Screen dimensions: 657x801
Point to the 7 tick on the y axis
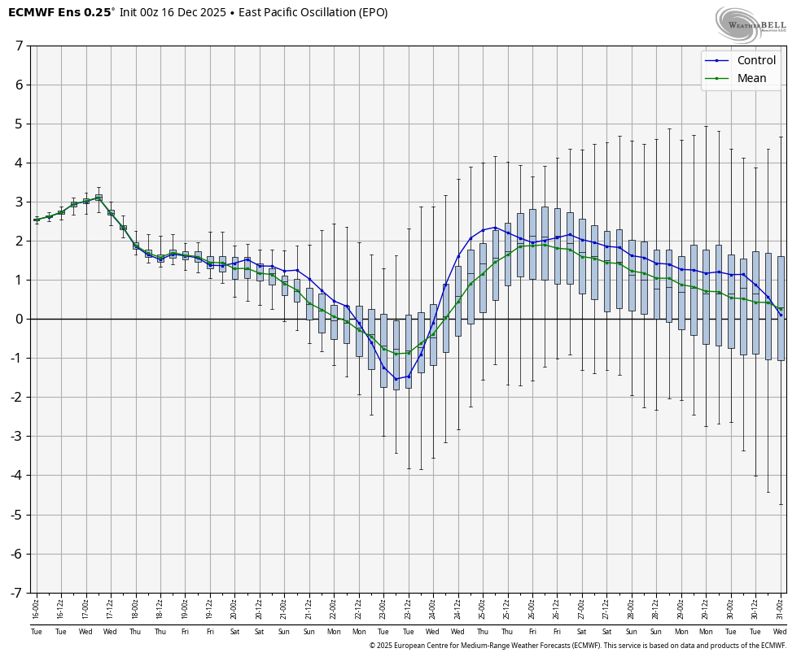19,46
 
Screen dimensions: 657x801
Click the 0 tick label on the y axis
19,319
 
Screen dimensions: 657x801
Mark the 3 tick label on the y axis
19,202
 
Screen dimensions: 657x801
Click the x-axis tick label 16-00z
36,609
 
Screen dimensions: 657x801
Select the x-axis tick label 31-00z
781,609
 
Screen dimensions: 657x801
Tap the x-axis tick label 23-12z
408,609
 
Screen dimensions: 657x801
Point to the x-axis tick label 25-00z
483,609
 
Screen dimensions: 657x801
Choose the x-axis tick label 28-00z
632,609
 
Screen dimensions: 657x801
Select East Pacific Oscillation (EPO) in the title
313,13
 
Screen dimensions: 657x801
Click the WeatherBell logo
751,24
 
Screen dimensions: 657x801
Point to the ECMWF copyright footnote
577,646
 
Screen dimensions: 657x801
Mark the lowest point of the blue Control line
396,379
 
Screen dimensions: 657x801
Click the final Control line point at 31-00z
781,315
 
